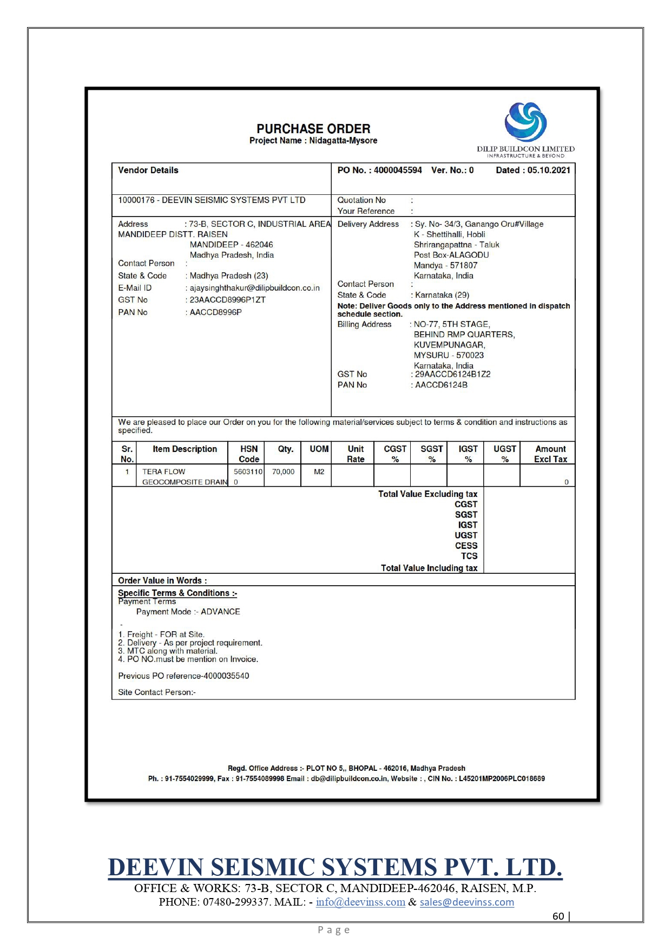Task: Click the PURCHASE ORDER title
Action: coord(313,129)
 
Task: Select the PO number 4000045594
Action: coord(398,170)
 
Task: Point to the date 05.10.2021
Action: coord(549,170)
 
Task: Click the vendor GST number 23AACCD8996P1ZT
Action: coord(227,300)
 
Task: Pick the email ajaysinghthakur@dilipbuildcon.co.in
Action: coord(254,288)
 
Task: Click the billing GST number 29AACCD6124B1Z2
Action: coord(452,374)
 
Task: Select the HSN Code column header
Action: coord(249,454)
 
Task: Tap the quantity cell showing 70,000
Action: coord(283,472)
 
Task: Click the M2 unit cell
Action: coord(319,472)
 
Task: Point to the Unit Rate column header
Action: coord(356,454)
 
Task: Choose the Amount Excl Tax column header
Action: coord(550,454)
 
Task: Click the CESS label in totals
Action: coord(466,546)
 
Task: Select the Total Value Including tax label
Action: coord(429,568)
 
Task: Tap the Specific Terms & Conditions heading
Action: coord(177,593)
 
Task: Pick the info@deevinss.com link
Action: coord(360,902)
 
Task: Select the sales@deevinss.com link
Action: coord(466,902)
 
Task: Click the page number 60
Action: coord(558,916)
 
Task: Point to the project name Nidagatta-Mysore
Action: coord(343,141)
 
